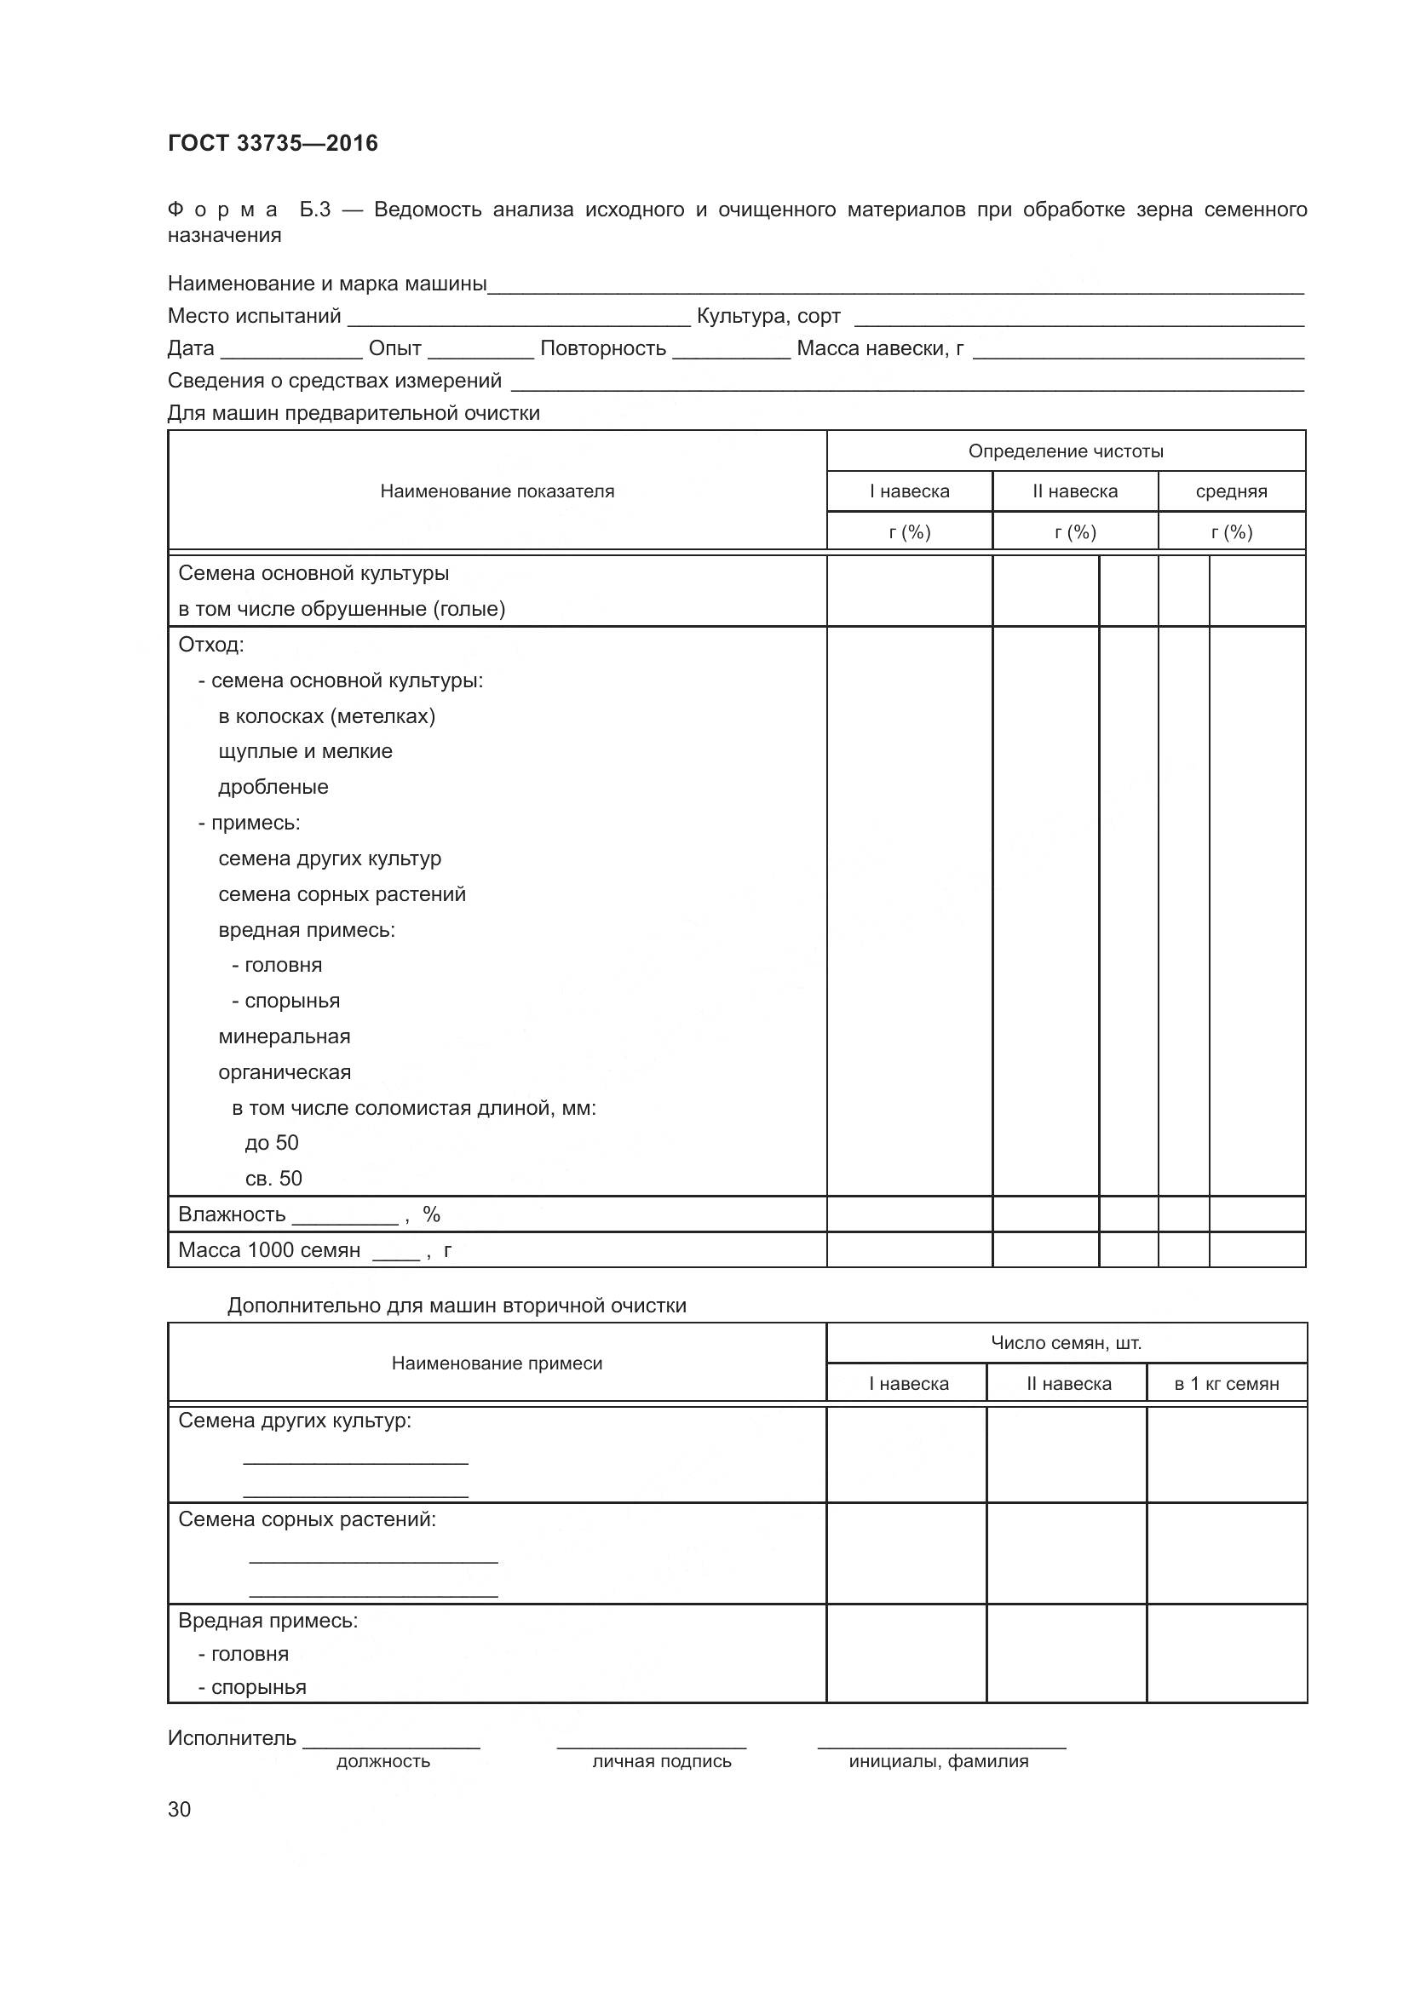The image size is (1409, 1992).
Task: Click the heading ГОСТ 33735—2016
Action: click(273, 143)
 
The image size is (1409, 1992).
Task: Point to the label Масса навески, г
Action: click(880, 349)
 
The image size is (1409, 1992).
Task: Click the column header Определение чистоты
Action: click(1066, 451)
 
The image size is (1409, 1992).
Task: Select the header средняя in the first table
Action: click(1231, 492)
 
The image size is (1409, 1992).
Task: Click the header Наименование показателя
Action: click(497, 491)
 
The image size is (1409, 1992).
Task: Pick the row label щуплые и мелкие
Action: click(306, 751)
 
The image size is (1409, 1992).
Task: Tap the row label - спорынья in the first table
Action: click(286, 1002)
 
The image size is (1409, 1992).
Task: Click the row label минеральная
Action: click(285, 1036)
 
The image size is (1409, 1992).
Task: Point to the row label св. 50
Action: click(273, 1178)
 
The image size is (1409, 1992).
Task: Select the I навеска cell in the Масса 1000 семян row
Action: click(908, 1250)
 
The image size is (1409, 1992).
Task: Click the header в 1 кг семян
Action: click(1226, 1384)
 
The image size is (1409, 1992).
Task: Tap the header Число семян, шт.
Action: click(1066, 1343)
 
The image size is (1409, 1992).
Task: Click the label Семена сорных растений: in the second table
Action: click(308, 1519)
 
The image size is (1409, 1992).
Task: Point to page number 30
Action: click(179, 1809)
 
